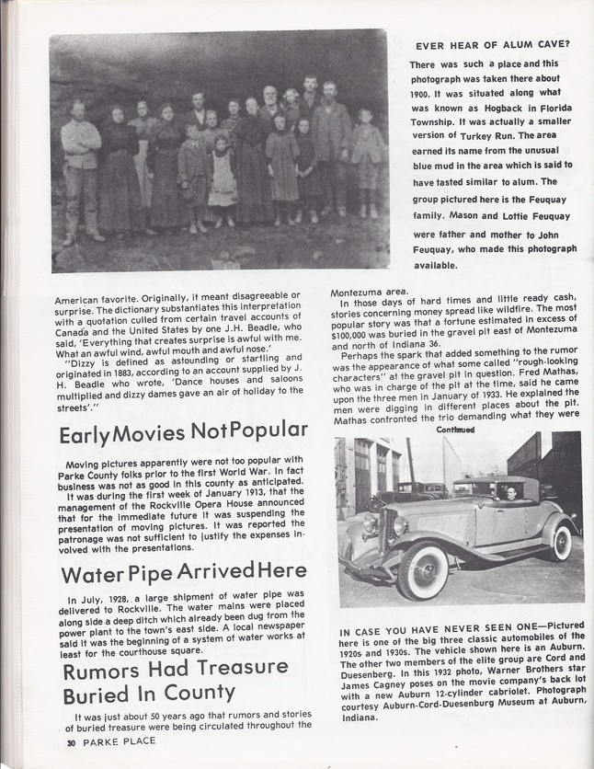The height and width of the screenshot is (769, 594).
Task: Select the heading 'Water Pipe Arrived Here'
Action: pyautogui.click(x=184, y=573)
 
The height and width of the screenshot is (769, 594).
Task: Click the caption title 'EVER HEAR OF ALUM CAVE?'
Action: pyautogui.click(x=492, y=45)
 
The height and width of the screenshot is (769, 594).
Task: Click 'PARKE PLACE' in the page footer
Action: pyautogui.click(x=120, y=741)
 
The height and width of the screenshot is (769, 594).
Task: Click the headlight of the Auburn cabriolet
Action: pyautogui.click(x=400, y=527)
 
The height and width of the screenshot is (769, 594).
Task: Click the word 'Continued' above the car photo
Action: pyautogui.click(x=456, y=429)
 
